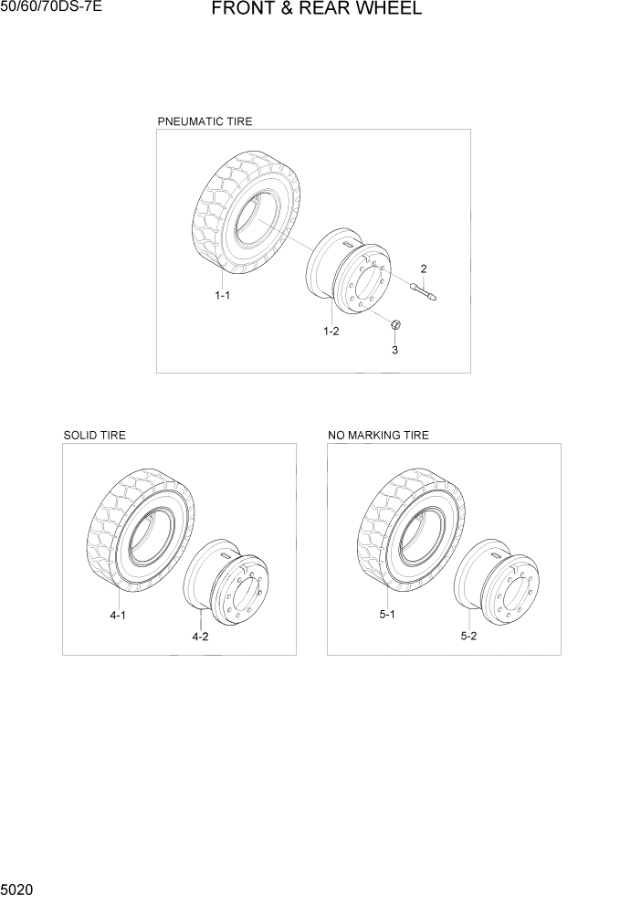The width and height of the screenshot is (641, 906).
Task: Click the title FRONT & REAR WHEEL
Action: tap(316, 10)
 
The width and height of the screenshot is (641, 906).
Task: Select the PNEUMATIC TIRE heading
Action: tap(205, 121)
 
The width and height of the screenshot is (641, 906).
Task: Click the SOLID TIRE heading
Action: tap(95, 436)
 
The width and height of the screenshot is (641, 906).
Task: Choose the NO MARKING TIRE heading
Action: tap(378, 436)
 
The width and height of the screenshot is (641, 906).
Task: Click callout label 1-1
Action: tap(222, 296)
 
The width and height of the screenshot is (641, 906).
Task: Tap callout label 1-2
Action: tap(331, 332)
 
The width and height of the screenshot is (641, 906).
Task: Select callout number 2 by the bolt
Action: tap(424, 269)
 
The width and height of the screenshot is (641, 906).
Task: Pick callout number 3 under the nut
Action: tap(394, 350)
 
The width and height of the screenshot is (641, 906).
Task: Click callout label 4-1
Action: tap(118, 616)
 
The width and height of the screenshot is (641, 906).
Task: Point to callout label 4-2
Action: tap(200, 637)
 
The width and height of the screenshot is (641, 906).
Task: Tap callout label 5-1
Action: tap(387, 616)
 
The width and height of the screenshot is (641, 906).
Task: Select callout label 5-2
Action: tap(468, 637)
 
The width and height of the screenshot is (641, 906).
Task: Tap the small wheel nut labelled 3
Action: tap(394, 324)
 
